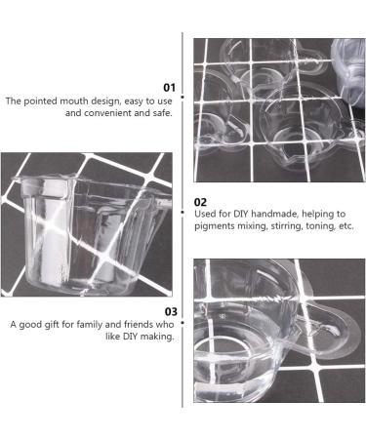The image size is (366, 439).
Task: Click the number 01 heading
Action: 169,88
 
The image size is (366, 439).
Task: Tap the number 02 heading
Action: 200,202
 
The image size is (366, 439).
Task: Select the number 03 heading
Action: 171,312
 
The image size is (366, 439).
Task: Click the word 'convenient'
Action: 107,113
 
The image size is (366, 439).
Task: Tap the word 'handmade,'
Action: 275,214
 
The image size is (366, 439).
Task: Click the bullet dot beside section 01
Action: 183,97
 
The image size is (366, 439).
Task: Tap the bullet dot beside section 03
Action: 183,323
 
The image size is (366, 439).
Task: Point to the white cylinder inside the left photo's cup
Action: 51,234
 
